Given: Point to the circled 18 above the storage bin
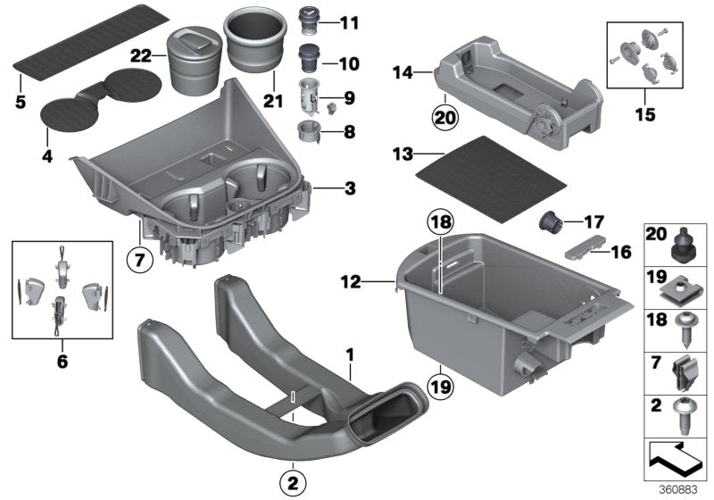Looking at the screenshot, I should [x=440, y=223].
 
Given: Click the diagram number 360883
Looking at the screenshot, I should [x=682, y=489].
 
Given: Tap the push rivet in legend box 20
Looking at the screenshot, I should [x=684, y=242].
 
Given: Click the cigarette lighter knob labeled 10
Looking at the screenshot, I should [x=309, y=58].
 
